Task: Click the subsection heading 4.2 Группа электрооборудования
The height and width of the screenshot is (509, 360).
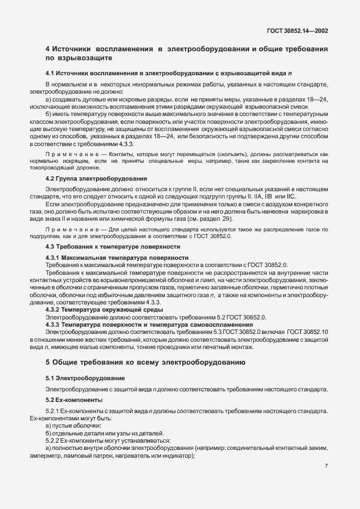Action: click(96, 178)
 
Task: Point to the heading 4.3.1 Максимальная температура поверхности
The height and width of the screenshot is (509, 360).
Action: click(116, 258)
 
